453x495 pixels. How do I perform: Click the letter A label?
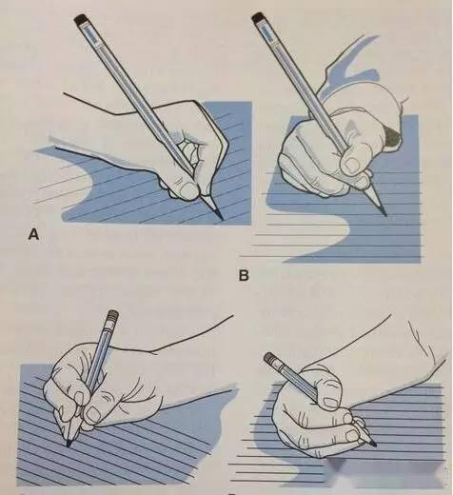[33, 234]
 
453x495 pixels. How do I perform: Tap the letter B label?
[244, 275]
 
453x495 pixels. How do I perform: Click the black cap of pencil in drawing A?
[81, 19]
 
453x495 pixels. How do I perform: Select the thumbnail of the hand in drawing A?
[188, 190]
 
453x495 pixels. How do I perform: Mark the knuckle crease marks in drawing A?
[178, 182]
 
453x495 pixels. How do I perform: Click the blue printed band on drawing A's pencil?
[92, 34]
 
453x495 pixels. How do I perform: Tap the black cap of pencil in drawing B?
[259, 17]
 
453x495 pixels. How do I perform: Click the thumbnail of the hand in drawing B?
[351, 165]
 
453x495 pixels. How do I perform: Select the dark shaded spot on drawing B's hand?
[392, 136]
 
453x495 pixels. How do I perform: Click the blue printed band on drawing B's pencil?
[267, 31]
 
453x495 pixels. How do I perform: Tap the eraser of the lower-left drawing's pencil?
[112, 316]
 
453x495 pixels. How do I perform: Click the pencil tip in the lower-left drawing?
[69, 444]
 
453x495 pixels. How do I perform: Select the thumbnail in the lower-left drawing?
[94, 414]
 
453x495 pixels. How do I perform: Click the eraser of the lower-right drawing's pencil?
[270, 358]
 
